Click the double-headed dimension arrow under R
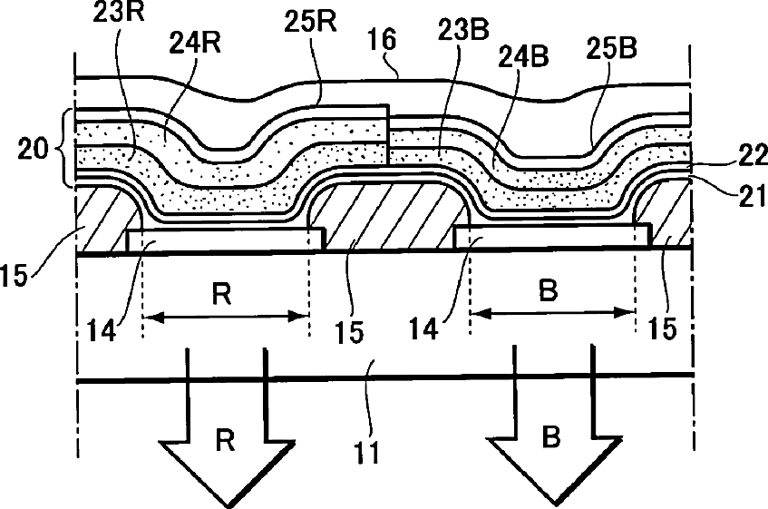[227, 317]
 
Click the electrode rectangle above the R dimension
[225, 240]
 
